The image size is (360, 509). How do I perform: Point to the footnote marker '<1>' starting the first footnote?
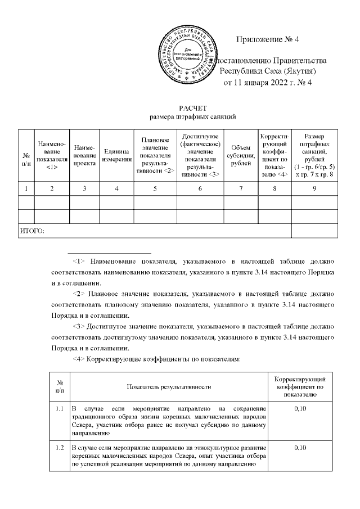(79, 262)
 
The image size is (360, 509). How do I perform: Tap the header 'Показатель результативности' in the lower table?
(169, 387)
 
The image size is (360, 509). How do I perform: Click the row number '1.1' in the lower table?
(60, 407)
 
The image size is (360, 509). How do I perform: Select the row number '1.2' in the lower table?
(60, 448)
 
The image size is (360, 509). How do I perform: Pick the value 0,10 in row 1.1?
(299, 407)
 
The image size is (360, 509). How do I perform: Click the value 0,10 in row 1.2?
(299, 448)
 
